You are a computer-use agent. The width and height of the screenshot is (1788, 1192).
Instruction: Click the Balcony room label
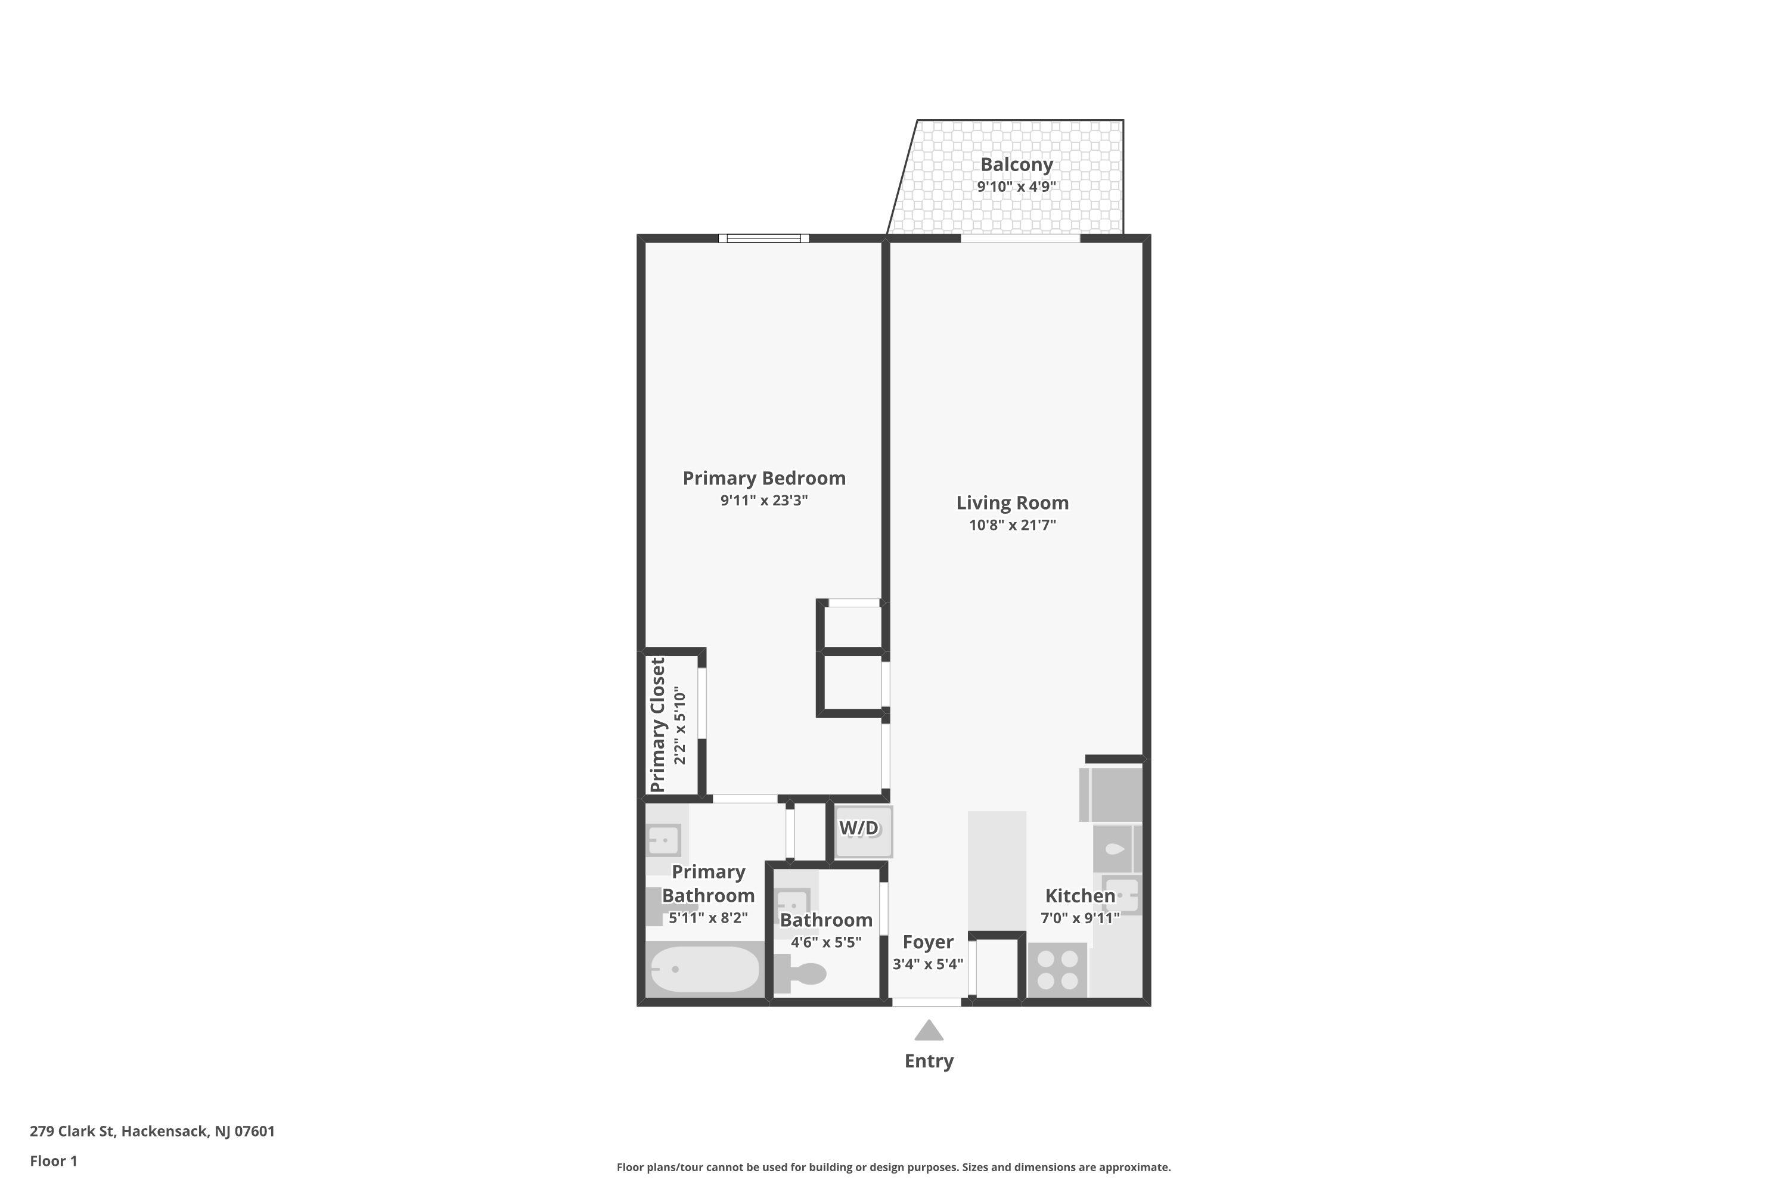[x=1016, y=164]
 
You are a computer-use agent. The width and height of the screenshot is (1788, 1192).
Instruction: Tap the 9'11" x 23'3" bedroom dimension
[x=764, y=500]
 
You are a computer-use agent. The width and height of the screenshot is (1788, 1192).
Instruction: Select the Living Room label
[x=1012, y=502]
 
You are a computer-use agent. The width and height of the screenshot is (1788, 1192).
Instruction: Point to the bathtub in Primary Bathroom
[x=704, y=969]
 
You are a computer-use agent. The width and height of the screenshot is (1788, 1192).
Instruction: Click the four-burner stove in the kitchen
[x=1057, y=970]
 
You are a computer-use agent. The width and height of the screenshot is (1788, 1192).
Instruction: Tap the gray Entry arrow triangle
[x=928, y=1032]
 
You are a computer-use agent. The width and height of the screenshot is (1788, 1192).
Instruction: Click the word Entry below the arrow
[x=928, y=1061]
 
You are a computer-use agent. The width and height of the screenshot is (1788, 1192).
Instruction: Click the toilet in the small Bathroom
[x=804, y=974]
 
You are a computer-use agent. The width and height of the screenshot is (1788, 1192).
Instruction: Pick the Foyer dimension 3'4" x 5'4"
[x=927, y=964]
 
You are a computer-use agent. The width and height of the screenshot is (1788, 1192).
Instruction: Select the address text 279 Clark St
[x=152, y=1131]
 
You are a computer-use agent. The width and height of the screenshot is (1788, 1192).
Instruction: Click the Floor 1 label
[x=53, y=1161]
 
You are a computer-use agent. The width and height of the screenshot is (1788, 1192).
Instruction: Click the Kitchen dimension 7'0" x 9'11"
[x=1079, y=918]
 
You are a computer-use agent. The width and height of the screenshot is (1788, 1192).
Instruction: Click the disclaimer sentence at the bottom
[x=893, y=1167]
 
